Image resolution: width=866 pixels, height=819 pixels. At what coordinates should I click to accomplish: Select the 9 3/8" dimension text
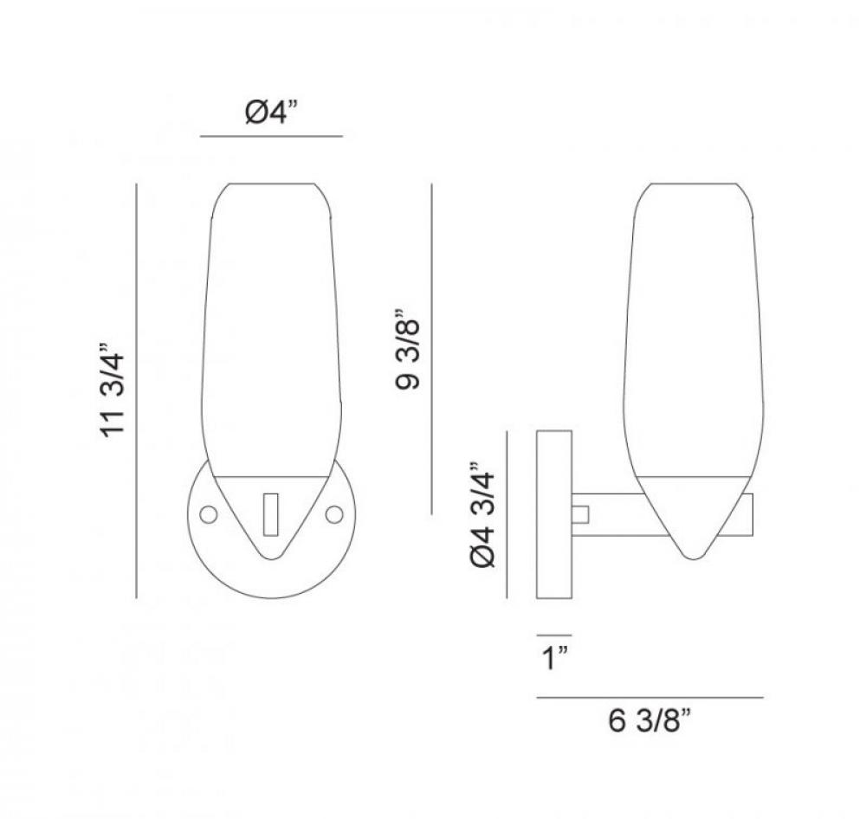pos(409,349)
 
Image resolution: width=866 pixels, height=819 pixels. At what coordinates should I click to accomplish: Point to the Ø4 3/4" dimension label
pos(483,515)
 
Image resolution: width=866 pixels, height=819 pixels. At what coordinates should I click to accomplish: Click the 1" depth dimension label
pos(555,658)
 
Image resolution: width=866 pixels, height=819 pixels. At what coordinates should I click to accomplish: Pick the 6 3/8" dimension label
pos(649,720)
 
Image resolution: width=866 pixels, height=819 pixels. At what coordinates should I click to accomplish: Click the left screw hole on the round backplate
pos(208,515)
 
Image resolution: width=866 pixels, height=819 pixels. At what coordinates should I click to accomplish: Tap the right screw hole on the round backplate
pos(334,515)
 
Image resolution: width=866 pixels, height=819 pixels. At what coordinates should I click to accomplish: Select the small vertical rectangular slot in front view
pos(270,515)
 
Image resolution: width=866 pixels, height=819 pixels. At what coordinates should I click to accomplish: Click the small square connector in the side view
pos(580,515)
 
